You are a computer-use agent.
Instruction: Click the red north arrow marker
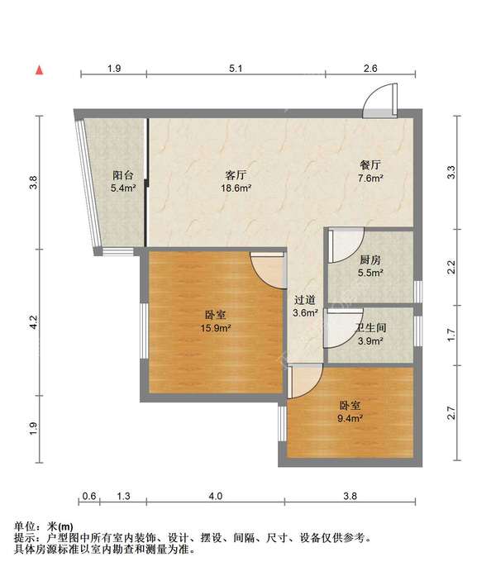point(40,69)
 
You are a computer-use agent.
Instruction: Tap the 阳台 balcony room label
point(123,175)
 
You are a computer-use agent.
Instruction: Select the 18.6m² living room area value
point(236,188)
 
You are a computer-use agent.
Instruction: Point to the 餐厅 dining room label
point(370,165)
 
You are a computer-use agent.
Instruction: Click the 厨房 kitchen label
point(370,259)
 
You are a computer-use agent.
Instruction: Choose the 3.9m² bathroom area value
point(370,341)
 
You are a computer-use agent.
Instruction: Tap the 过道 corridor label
point(304,300)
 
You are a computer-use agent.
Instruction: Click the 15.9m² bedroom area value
point(216,328)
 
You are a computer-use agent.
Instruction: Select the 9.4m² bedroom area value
point(351,418)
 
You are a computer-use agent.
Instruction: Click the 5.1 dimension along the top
point(236,69)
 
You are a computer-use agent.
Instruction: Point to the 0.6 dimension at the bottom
point(89,496)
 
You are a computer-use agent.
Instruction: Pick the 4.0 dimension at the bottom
point(216,496)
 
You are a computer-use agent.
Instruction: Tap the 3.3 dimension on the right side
point(451,172)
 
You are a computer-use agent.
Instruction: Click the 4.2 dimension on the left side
point(33,322)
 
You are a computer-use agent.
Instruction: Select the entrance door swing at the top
point(380,101)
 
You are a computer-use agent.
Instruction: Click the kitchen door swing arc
point(346,245)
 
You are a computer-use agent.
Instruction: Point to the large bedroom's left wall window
point(144,331)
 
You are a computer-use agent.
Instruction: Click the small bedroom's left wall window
point(282,424)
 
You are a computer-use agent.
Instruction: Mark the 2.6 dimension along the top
point(370,69)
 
